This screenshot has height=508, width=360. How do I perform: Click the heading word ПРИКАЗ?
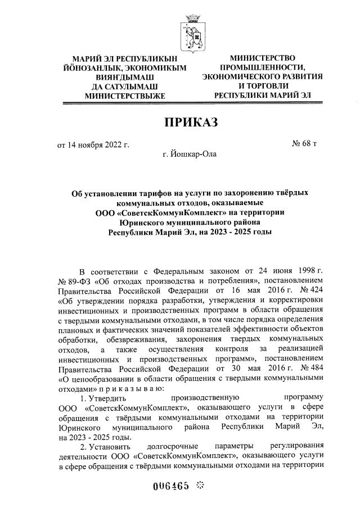tap(190, 121)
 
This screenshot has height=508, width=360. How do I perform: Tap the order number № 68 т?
tap(305, 144)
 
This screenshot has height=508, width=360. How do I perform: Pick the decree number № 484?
tap(309, 369)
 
